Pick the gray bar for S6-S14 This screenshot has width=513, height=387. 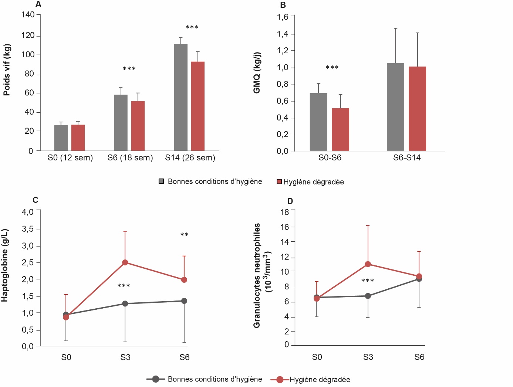pos(395,107)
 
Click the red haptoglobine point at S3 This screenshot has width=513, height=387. pos(125,262)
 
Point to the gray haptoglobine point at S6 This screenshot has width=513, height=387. pos(184,301)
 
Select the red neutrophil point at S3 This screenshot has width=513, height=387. pos(368,264)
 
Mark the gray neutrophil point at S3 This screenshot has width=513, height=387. pos(368,296)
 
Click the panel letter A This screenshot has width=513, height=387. pos(38,5)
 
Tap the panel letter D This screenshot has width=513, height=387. pos(290,201)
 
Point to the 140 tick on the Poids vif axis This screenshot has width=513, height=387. pos(28,15)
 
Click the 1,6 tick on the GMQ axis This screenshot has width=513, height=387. pos(283,17)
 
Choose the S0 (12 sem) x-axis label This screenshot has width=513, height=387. pos(70,158)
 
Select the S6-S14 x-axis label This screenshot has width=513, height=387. pos(407,158)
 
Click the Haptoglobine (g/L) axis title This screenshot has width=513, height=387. pos(5,265)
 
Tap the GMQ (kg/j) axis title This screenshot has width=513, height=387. pos(257,72)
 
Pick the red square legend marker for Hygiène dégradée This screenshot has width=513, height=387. pos(280,181)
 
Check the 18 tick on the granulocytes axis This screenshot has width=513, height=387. pos(285,212)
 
